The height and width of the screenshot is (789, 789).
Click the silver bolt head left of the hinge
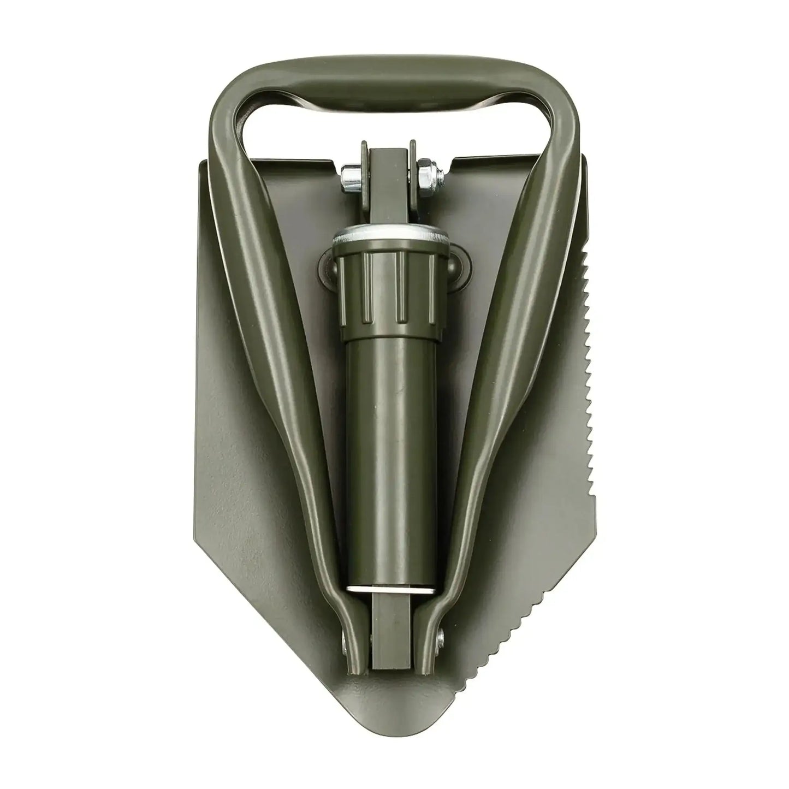(x=348, y=177)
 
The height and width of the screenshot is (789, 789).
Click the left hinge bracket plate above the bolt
(x=365, y=164)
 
